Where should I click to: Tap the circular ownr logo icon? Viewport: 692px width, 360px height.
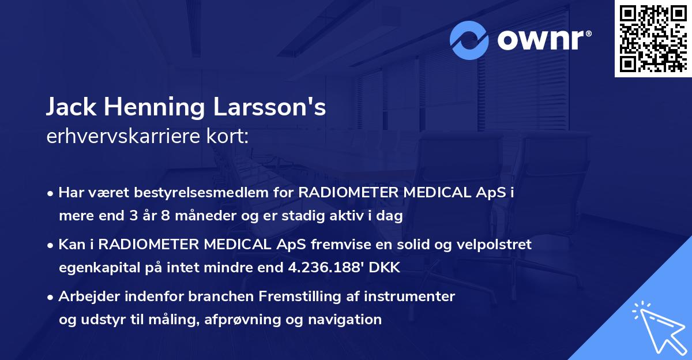tap(469, 40)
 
